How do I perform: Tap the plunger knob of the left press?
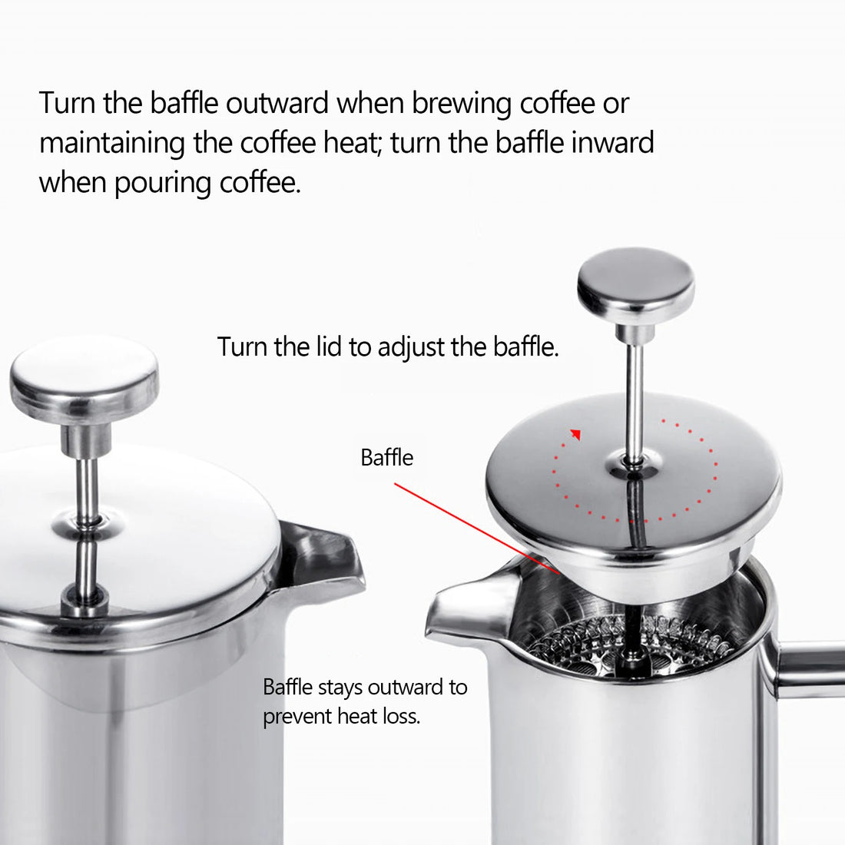tap(84, 377)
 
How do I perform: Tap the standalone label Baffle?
tap(386, 458)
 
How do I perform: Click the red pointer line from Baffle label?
tap(476, 526)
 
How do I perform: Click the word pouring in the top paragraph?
tap(163, 183)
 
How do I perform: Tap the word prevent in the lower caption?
tap(297, 717)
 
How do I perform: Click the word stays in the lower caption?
tap(340, 687)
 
